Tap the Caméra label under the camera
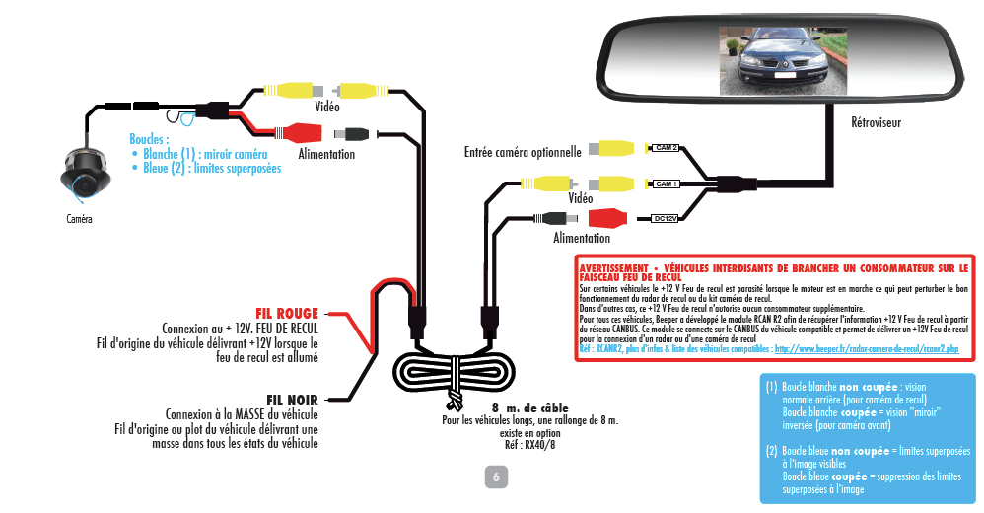click(x=79, y=219)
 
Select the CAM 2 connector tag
click(x=666, y=148)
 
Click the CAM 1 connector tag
click(x=666, y=184)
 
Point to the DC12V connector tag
click(x=666, y=218)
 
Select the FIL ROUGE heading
click(x=287, y=314)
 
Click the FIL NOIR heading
click(x=291, y=400)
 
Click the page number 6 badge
click(x=495, y=477)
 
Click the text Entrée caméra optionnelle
click(x=523, y=152)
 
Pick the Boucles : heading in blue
click(x=149, y=139)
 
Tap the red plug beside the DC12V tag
click(x=607, y=218)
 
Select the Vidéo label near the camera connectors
click(x=327, y=106)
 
